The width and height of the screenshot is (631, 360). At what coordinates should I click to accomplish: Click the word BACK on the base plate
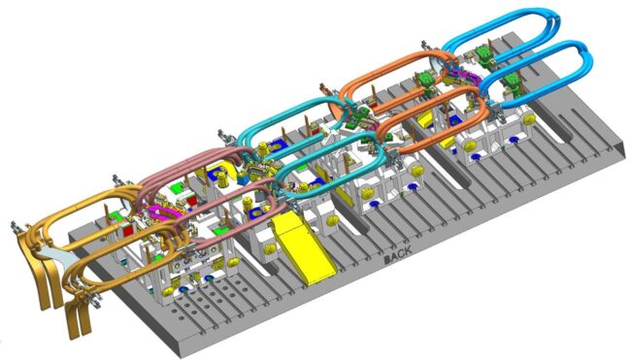click(398, 254)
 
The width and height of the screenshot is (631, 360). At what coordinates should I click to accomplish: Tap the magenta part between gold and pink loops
click(159, 212)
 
